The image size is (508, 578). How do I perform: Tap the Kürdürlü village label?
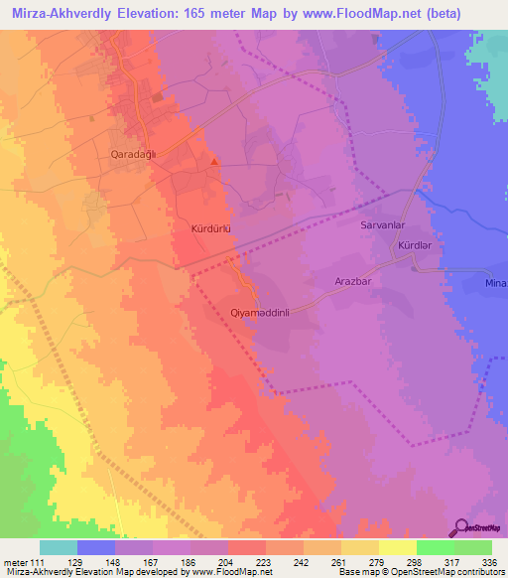coord(209,228)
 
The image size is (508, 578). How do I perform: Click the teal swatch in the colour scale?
coord(59,547)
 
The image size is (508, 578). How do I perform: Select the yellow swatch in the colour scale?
coord(398,547)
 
